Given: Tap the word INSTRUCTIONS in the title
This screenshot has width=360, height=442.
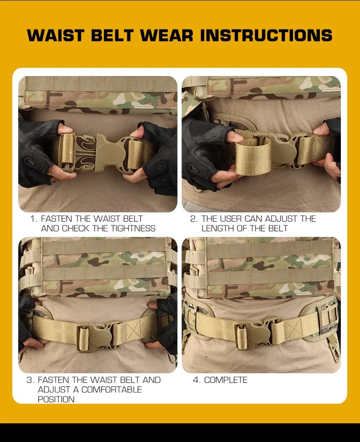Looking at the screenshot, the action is click(266, 36).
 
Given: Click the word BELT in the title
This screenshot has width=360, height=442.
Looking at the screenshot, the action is click(112, 36).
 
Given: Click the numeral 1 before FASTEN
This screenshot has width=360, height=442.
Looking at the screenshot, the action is click(33, 219).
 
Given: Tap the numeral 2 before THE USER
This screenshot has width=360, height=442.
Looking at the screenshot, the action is click(194, 219).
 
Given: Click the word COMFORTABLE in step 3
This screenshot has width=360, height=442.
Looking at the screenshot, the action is click(112, 390).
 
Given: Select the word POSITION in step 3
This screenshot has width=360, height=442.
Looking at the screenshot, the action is click(56, 399).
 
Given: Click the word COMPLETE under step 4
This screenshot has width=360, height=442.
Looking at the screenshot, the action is click(226, 380).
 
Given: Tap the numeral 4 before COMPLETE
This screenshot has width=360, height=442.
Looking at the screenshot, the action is click(196, 380).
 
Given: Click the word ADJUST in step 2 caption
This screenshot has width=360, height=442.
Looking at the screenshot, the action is click(281, 219).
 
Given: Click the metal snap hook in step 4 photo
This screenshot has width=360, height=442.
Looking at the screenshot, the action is click(334, 348).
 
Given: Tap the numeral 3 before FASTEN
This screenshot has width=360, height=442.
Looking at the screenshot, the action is click(30, 380).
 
